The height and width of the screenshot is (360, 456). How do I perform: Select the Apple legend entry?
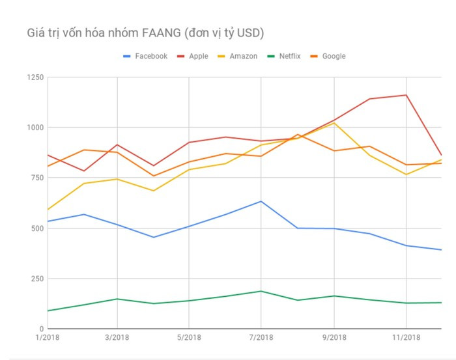point(198,57)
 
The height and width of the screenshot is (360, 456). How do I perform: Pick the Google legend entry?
point(333,57)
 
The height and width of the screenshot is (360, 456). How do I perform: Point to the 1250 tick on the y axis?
point(34,78)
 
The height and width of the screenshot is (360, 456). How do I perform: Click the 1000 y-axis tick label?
point(34,128)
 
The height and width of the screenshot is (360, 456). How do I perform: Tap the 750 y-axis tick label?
point(36,178)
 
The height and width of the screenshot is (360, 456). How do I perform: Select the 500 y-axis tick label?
point(36,228)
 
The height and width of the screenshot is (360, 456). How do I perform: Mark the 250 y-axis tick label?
point(36,279)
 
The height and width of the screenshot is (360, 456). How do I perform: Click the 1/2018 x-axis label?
point(46,337)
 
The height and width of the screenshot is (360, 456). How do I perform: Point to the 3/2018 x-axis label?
point(117,337)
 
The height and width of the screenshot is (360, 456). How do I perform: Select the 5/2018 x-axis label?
point(189,337)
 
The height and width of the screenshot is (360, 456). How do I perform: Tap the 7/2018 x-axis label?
point(261,337)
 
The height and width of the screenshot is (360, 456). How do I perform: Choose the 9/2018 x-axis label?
point(334,337)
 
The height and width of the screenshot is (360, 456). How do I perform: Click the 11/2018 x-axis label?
point(406,337)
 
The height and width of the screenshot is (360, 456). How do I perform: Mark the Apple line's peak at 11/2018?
point(406,95)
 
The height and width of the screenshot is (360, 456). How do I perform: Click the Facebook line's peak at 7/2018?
point(261,201)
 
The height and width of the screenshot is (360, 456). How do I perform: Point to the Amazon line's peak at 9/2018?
point(334,123)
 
